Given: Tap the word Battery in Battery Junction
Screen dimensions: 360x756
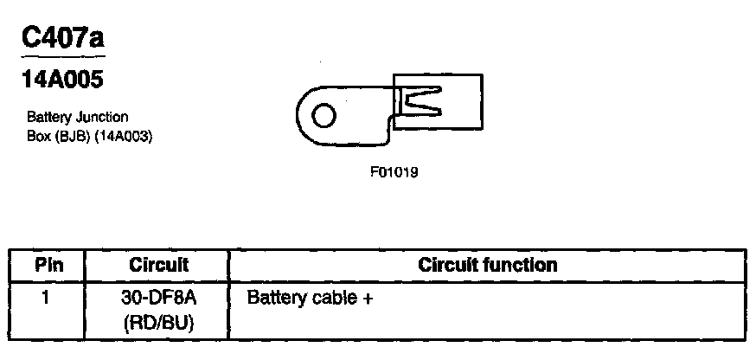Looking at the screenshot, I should point(47,116).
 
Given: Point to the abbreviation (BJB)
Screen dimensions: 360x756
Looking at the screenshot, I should point(70,136).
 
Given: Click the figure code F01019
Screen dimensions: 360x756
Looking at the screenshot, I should point(394,171).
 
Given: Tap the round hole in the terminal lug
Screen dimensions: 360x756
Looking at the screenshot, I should point(324,116).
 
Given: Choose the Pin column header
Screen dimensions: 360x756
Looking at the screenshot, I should point(47,265).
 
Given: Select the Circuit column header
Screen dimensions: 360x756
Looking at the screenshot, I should point(158,265).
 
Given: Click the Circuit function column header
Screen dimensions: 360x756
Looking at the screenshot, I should point(487,265).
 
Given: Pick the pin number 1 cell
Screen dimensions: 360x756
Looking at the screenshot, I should point(47,299).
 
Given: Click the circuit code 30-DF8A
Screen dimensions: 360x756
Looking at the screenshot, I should point(158,299).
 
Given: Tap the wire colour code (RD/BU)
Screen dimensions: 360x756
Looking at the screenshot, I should point(158,324).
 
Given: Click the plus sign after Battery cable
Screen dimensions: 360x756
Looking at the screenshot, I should point(368,299).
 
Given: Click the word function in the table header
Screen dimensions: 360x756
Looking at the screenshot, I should point(522,265).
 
